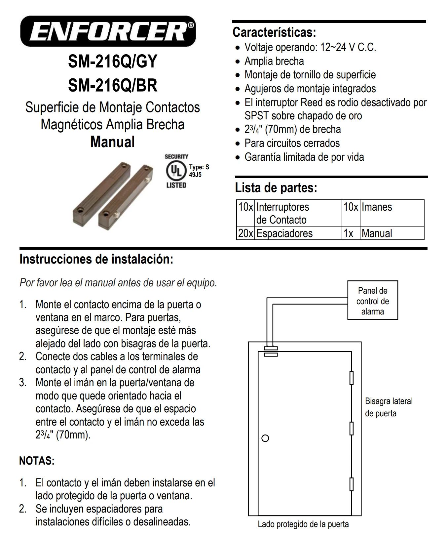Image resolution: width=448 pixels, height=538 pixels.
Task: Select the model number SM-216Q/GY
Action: (x=112, y=62)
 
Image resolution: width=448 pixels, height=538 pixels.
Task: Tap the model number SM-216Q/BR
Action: (x=112, y=85)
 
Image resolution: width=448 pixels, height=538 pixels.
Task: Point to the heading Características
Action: (x=274, y=32)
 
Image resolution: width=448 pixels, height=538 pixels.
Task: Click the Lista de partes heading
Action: (x=276, y=188)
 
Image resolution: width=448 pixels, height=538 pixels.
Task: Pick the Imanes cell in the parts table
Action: (x=377, y=207)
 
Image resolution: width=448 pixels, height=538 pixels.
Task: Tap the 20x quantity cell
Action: (x=245, y=233)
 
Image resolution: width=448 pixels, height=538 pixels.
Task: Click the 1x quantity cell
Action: (x=348, y=233)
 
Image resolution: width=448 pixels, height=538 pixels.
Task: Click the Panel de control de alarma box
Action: (x=372, y=301)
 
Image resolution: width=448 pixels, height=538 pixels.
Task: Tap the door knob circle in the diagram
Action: (x=265, y=438)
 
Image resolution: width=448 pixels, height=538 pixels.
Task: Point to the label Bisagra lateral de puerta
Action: (x=389, y=407)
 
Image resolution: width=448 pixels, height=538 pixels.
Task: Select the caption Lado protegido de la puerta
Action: (x=303, y=524)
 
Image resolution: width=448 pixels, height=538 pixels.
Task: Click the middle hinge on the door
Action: (x=352, y=428)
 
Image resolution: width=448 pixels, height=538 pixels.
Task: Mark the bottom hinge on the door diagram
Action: (x=352, y=484)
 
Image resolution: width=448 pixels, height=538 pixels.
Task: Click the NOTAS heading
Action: (x=37, y=461)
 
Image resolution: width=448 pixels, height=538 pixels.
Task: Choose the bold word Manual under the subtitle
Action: (x=112, y=142)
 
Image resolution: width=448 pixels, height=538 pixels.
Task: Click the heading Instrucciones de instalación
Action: (x=96, y=259)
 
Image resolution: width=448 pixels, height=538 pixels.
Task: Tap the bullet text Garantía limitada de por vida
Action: (x=304, y=157)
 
